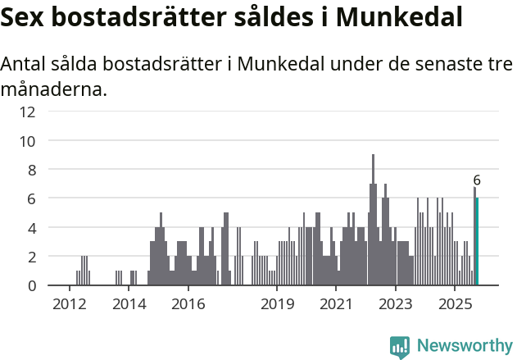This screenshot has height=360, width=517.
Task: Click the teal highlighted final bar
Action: [x=477, y=242]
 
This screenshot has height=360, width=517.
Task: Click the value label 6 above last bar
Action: [x=477, y=180]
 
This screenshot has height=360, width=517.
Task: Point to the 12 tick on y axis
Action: [x=27, y=112]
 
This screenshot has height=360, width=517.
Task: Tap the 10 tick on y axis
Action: [x=27, y=141]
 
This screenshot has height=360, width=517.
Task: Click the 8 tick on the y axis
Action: [x=31, y=170]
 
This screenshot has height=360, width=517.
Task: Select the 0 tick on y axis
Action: [x=31, y=285]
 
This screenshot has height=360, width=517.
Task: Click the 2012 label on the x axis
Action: [x=69, y=304]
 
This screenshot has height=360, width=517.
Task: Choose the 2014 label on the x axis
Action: [x=129, y=304]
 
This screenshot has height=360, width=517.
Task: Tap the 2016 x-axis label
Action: [x=188, y=304]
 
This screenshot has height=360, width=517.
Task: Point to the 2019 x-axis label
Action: [x=277, y=304]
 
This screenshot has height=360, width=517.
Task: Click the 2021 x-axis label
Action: [x=336, y=304]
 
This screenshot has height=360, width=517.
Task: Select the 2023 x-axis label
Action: [x=396, y=304]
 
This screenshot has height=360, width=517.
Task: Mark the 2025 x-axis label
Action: [x=455, y=304]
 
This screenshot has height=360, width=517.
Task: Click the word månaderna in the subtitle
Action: [x=53, y=89]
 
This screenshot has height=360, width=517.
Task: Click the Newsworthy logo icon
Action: [x=400, y=346]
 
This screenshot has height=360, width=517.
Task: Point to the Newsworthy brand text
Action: [x=465, y=346]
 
